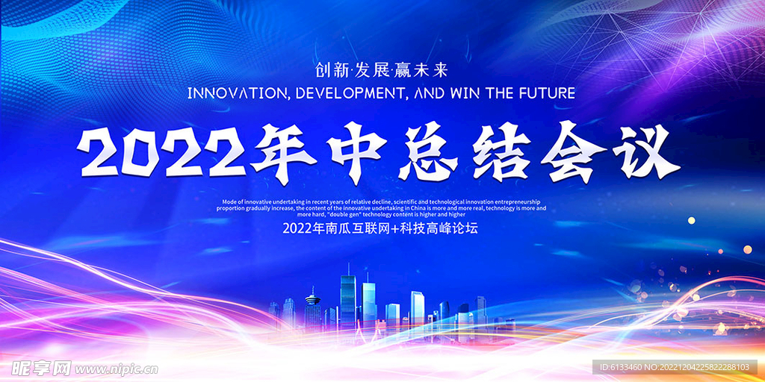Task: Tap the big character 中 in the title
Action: coord(355,152)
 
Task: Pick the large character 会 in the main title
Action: coord(572,151)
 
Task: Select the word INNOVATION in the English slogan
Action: coord(238,93)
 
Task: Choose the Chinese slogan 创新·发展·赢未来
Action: coord(382,71)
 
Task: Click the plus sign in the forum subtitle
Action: coord(396,228)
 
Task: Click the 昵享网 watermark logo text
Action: coord(41,369)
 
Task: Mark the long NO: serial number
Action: coord(704,367)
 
